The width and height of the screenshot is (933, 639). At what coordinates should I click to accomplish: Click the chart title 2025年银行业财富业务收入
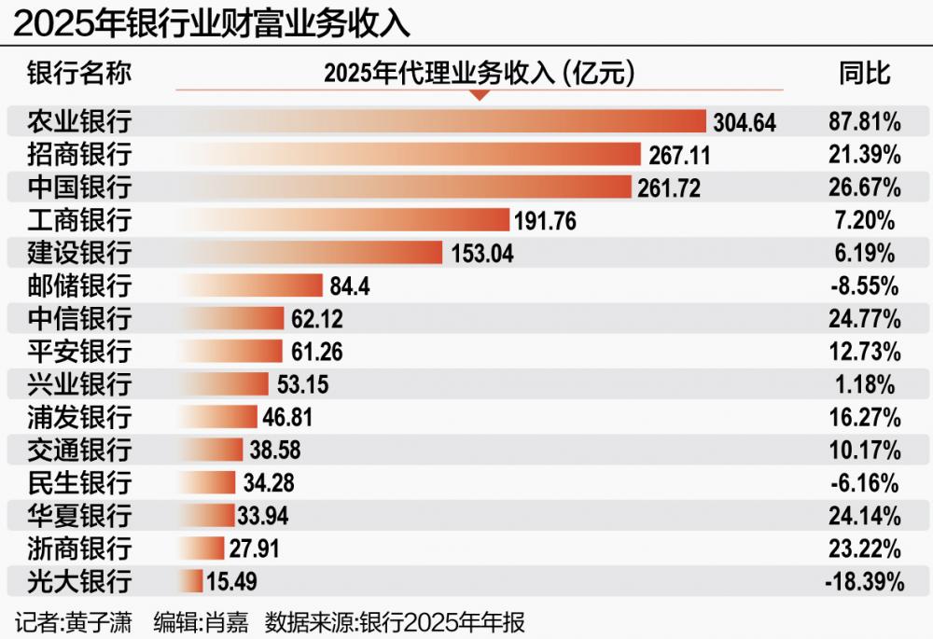[x=211, y=21]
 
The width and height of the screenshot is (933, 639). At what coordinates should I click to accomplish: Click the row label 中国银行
[x=79, y=188]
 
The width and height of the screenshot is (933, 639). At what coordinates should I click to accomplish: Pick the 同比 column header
[x=864, y=73]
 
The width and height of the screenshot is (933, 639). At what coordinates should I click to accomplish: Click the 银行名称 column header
[x=79, y=73]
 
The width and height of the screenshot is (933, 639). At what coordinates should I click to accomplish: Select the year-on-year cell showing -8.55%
[x=864, y=286]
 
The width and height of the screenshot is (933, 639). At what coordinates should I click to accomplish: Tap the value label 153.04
[x=482, y=254]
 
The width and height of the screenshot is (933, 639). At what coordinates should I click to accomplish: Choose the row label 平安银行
[x=79, y=352]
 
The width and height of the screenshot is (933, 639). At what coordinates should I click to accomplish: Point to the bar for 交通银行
[x=210, y=451]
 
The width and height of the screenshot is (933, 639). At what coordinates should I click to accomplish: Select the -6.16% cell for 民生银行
[x=864, y=483]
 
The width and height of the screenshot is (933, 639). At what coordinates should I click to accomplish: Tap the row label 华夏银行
[x=79, y=516]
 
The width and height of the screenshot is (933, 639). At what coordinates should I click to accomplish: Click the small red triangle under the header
[x=479, y=95]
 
